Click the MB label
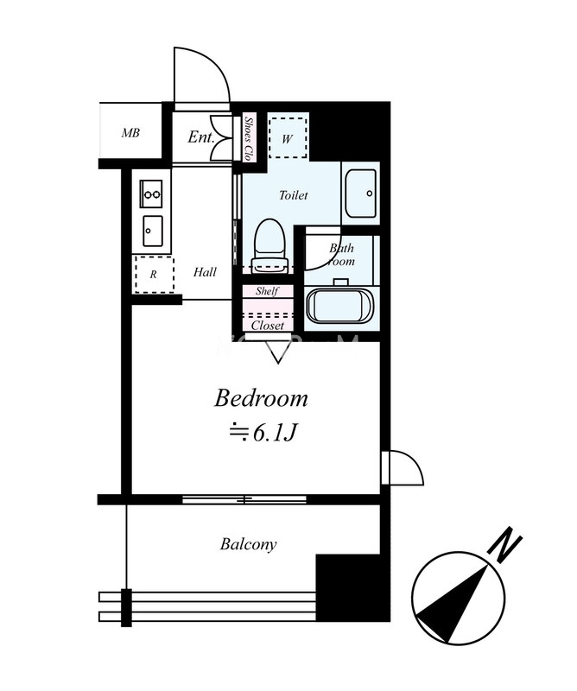point(130,133)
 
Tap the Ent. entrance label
point(201,137)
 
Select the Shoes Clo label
point(249,138)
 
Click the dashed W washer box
point(288,137)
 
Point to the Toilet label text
point(293,195)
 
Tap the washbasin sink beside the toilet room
point(360,193)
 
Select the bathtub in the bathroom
point(341,305)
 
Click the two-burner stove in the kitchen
point(151,193)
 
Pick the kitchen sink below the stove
point(153,231)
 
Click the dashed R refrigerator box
point(155,274)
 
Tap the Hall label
point(205,272)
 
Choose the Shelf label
point(267,291)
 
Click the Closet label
point(268,326)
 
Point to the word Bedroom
point(261,398)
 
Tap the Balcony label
point(248,545)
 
